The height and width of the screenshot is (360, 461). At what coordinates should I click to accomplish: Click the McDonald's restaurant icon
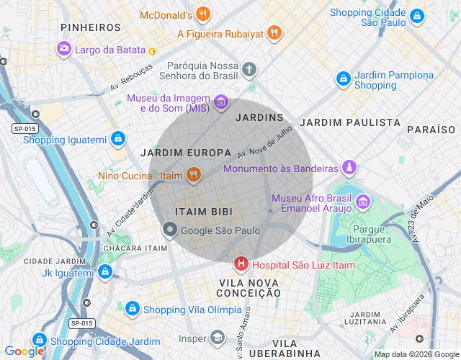pos(204,14)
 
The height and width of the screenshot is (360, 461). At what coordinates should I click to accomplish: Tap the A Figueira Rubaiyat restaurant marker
pos(273,33)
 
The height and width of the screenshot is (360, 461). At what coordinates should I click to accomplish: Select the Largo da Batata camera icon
pos(64,49)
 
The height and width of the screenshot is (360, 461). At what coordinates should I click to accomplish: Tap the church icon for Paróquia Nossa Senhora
pos(249,70)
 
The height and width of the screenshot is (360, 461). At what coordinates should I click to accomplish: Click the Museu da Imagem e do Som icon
pos(221,102)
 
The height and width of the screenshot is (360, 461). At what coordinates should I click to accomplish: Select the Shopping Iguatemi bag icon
pos(117,139)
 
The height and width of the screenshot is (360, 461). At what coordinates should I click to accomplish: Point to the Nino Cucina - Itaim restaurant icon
pos(193,175)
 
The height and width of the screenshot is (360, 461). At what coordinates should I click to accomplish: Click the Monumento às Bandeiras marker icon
pos(349,168)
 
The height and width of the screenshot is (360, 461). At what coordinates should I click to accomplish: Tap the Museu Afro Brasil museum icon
pos(363,201)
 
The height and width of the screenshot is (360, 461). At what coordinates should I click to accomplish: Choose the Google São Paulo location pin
pos(170,230)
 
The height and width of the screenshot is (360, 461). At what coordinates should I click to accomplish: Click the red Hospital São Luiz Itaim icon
pos(241,265)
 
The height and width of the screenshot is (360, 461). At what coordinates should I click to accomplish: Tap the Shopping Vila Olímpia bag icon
pos(132,309)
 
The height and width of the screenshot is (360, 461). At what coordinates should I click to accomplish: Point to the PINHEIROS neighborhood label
pos(91,27)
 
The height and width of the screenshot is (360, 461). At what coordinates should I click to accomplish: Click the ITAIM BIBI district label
pos(202,212)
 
